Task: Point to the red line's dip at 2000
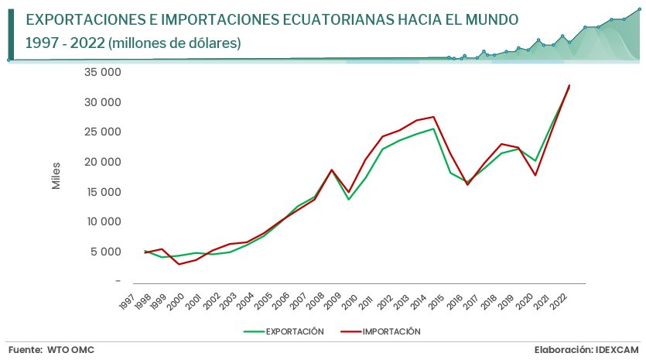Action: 179,265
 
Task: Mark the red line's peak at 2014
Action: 433,117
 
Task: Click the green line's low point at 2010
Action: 348,200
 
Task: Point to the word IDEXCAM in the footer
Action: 615,350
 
